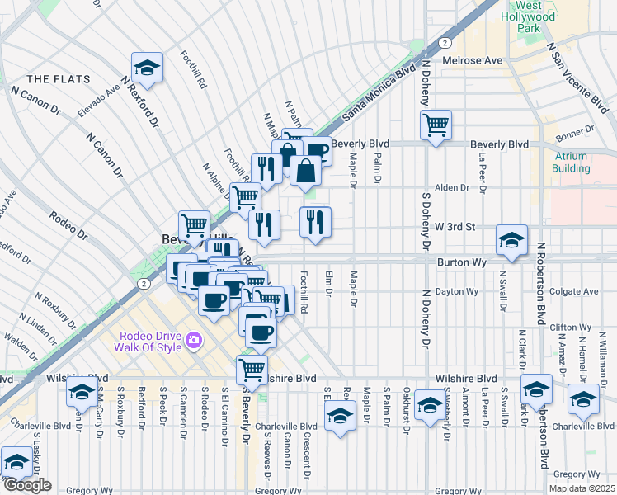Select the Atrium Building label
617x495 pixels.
coord(571,163)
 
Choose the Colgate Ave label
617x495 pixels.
coord(575,291)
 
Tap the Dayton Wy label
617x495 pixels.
coord(458,291)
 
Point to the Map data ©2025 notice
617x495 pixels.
coord(584,488)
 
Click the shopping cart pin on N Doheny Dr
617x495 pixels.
coord(436,125)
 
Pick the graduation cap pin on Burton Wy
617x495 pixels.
coord(511,240)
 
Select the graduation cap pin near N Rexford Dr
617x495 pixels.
coord(147,68)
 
